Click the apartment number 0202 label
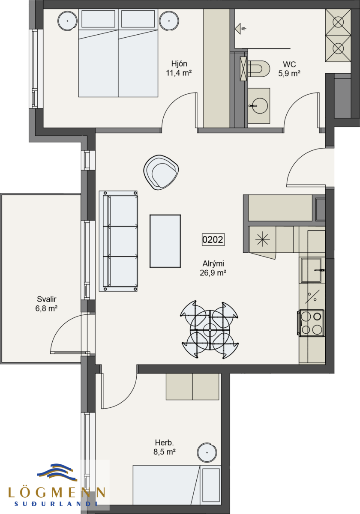point(213,239)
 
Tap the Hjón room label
point(179,63)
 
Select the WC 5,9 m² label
point(289,69)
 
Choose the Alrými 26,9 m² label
point(213,268)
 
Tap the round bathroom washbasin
point(260,106)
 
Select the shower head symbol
point(240,29)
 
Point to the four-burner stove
point(311,323)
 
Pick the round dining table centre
point(210,330)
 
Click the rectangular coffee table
point(165,241)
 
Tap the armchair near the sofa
point(161,172)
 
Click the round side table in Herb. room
point(207,452)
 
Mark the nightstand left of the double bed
point(68,21)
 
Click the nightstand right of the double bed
point(169,21)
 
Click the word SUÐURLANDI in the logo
point(56,504)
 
